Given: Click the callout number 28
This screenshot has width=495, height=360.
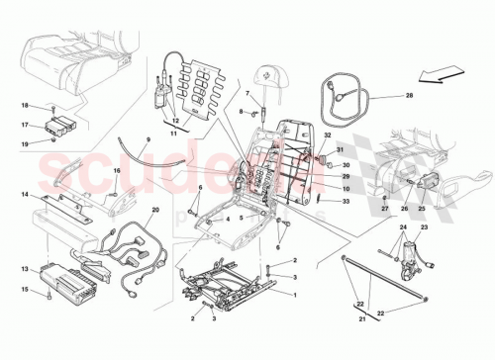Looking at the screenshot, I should (x=407, y=96).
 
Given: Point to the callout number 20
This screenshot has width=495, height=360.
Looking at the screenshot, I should (x=155, y=210).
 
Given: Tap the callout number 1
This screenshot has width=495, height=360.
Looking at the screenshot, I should (x=295, y=294).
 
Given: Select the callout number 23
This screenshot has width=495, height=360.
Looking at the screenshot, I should (x=425, y=229).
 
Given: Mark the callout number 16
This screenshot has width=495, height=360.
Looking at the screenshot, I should (x=117, y=171).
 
